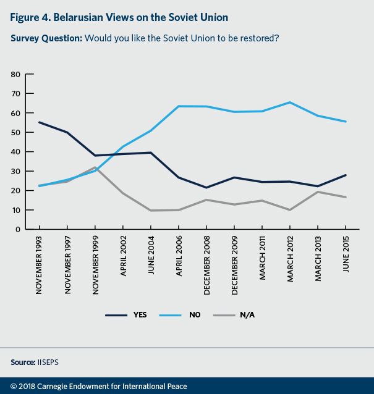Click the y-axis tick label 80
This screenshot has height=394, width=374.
(x=16, y=74)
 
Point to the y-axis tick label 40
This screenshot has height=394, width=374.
(x=16, y=151)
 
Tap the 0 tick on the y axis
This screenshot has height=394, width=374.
(x=19, y=229)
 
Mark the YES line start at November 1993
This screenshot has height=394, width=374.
(x=39, y=122)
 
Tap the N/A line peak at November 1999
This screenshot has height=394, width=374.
(x=95, y=167)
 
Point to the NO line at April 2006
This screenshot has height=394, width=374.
(x=179, y=106)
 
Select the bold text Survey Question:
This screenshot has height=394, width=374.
(x=46, y=38)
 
